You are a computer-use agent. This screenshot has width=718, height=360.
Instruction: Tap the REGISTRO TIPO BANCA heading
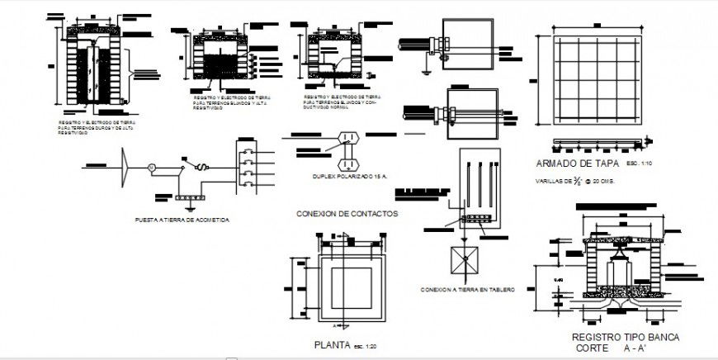(x=624, y=338)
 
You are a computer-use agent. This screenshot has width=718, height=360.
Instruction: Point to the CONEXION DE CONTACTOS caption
(x=347, y=213)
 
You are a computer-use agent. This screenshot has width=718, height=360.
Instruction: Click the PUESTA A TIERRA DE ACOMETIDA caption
(x=182, y=220)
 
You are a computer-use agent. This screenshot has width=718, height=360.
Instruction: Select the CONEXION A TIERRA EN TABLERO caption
(x=467, y=290)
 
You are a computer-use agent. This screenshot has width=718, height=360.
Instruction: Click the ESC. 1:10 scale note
(x=639, y=163)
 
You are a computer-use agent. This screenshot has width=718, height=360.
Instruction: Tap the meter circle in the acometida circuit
(x=151, y=168)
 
